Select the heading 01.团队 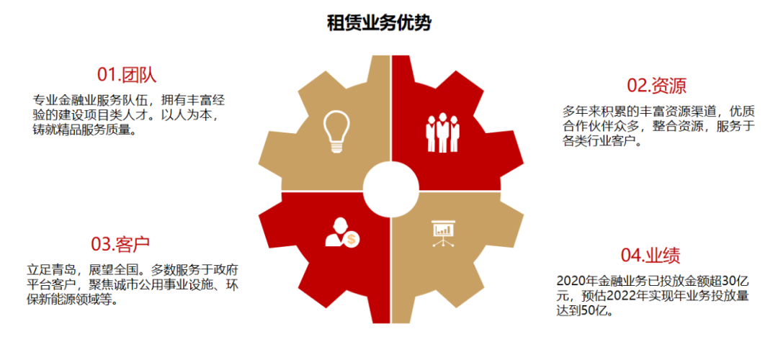pos(127,75)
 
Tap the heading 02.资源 pos(656,86)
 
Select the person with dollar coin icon pos(341,233)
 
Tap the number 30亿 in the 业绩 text pos(729,280)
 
